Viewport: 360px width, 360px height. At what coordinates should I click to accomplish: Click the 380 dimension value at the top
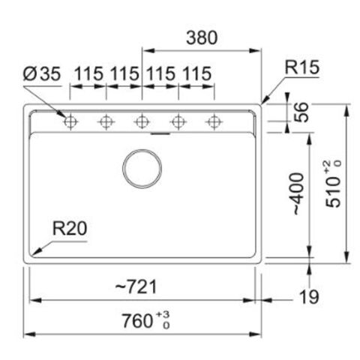pyautogui.click(x=201, y=37)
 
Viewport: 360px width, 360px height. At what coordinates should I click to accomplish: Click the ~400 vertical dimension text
pyautogui.click(x=298, y=194)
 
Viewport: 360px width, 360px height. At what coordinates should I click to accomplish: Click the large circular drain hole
pyautogui.click(x=142, y=167)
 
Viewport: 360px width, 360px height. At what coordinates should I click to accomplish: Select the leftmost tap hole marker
pyautogui.click(x=70, y=121)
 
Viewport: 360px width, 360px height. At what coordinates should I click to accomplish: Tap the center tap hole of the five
pyautogui.click(x=142, y=121)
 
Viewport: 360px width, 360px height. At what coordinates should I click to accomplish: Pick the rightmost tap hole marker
pyautogui.click(x=214, y=121)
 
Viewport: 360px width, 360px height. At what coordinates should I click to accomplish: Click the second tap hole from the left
pyautogui.click(x=106, y=121)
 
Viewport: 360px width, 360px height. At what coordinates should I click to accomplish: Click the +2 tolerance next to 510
pyautogui.click(x=326, y=165)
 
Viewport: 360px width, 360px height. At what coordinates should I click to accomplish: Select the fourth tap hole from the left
pyautogui.click(x=178, y=121)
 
